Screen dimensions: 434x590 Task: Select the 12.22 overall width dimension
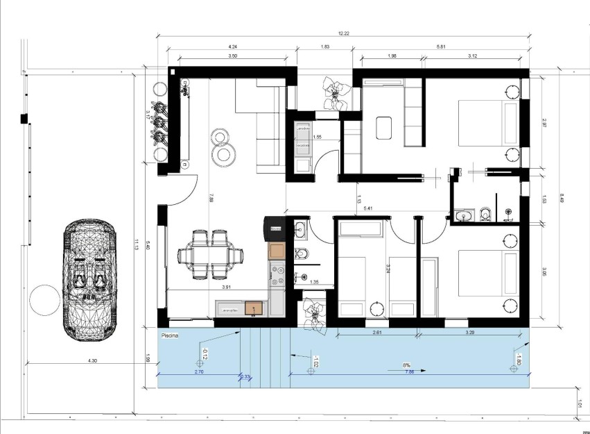[342, 33]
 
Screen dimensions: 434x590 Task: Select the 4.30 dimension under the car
[92, 361]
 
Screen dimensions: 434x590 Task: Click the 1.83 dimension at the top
[324, 47]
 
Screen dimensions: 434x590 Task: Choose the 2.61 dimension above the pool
[377, 333]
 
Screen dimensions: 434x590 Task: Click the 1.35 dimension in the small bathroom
[313, 282]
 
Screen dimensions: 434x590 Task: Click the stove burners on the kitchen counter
[277, 276]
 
